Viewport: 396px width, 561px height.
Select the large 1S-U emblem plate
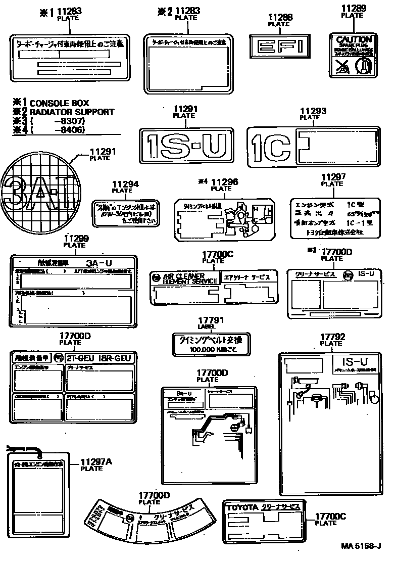pos(188,146)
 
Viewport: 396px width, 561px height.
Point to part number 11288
pos(279,18)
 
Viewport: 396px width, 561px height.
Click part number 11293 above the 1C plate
pos(313,111)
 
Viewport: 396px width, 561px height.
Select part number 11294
pos(124,185)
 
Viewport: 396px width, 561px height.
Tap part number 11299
pos(76,239)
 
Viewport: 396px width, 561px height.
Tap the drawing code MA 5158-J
pos(361,546)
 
